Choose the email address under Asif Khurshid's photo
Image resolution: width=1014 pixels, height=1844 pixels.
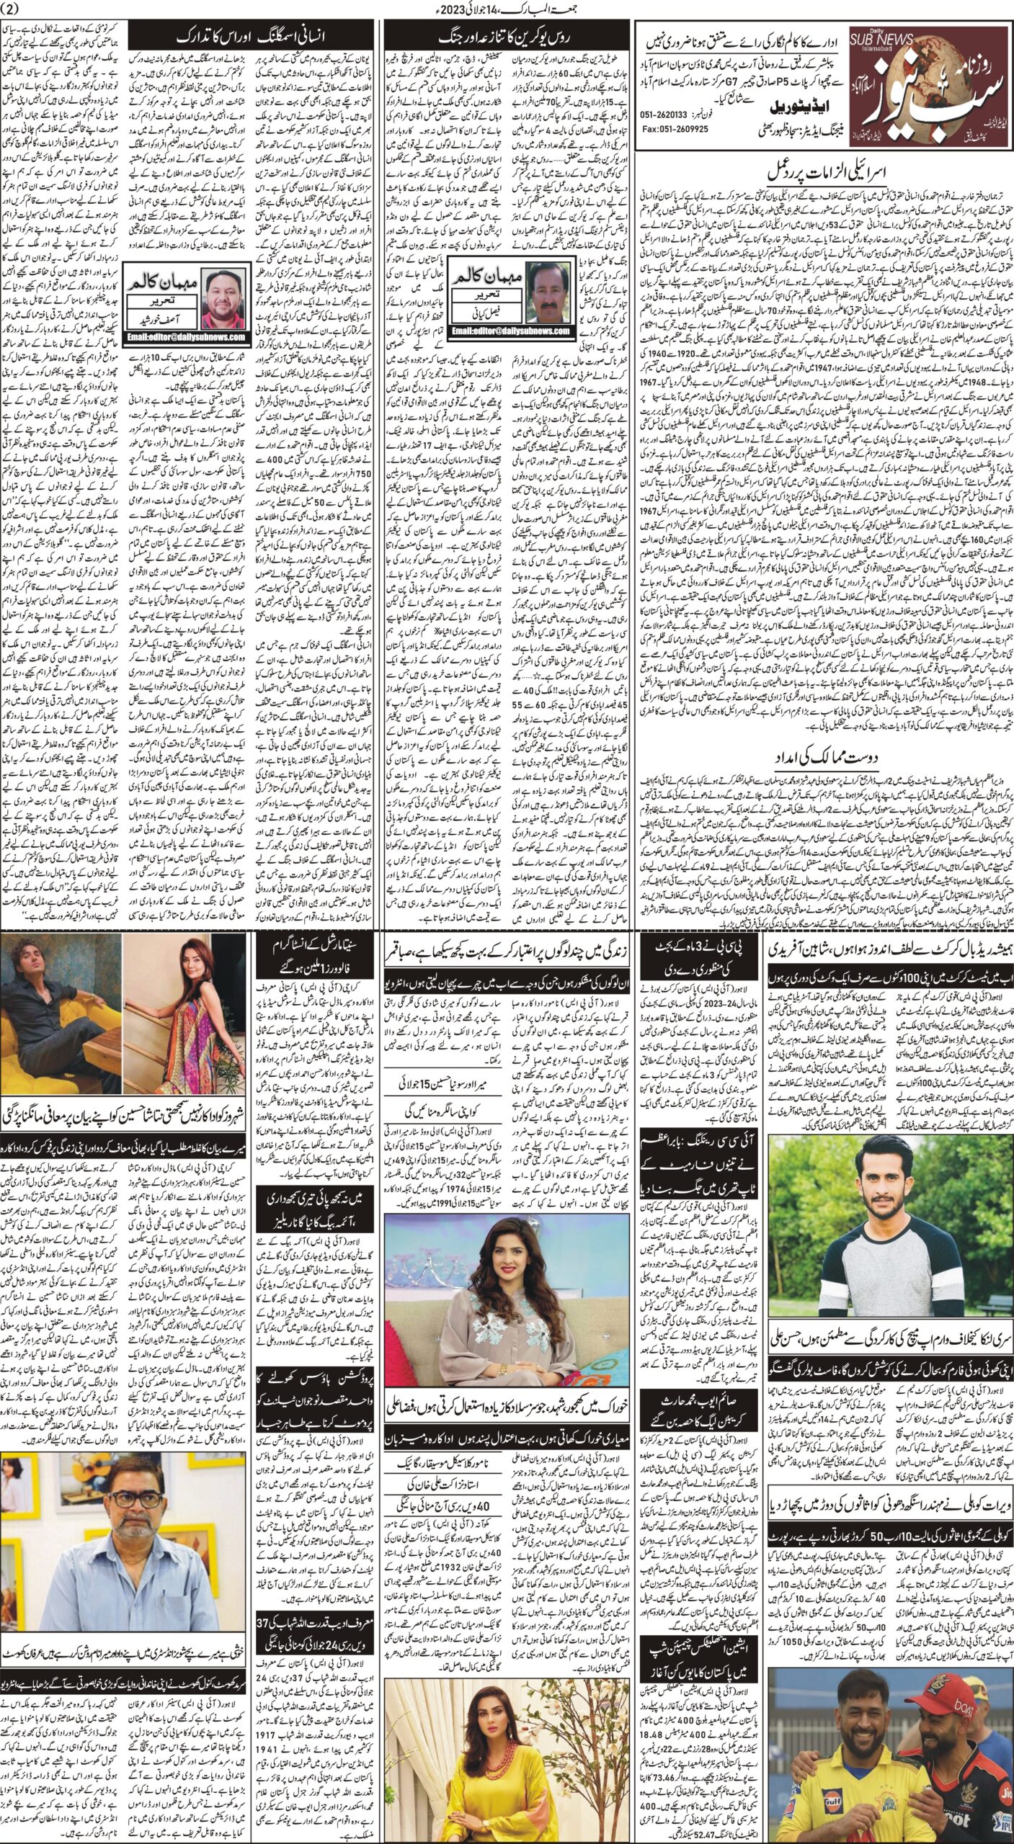click(x=187, y=336)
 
